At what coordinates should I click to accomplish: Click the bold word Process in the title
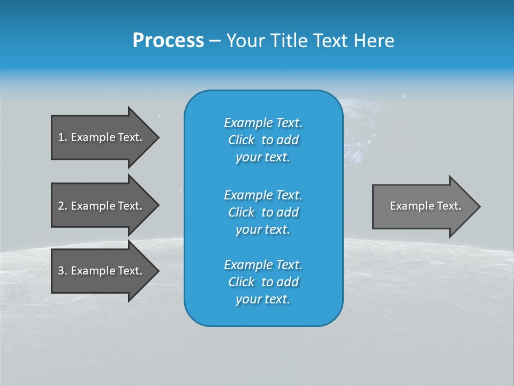point(168,41)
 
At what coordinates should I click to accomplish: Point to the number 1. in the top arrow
point(63,137)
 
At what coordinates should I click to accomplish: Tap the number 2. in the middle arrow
point(63,206)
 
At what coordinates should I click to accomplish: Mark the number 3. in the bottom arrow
point(63,271)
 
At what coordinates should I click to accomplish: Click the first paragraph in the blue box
point(263,140)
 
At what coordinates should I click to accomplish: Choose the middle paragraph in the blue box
point(263,212)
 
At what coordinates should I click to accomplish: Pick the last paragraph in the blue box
point(263,282)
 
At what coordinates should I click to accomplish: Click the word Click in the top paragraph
point(241,140)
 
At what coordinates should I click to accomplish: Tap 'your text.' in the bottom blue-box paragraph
point(263,299)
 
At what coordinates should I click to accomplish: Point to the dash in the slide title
point(215,41)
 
